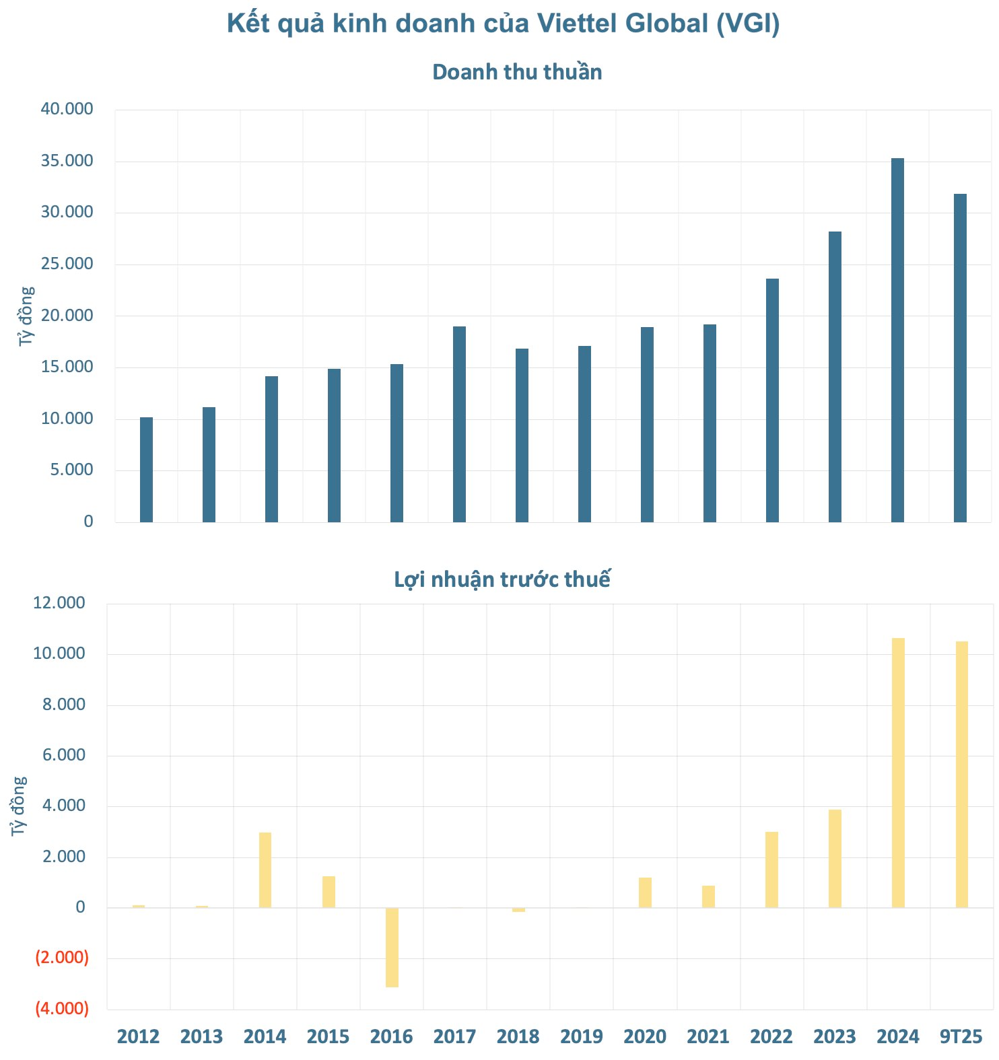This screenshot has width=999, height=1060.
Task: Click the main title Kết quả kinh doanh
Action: (x=503, y=24)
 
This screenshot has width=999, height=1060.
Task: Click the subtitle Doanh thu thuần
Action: (x=517, y=72)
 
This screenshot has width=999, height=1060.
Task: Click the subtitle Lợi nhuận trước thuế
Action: (x=502, y=579)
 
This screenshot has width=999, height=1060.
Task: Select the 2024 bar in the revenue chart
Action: (x=897, y=340)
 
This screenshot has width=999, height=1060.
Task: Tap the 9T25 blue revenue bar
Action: (x=960, y=357)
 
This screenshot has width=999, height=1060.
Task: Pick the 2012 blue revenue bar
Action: (x=146, y=469)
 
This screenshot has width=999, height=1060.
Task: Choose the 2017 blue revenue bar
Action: (x=459, y=424)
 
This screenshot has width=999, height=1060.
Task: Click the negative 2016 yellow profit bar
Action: (x=392, y=947)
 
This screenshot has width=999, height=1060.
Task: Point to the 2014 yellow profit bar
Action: (x=265, y=870)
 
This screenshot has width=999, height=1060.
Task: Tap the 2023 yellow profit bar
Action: (x=835, y=858)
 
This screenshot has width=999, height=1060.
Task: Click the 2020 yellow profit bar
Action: (x=645, y=892)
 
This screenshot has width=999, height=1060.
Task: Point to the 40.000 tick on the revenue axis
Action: (x=67, y=109)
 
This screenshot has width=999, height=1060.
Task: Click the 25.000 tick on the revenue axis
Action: (x=67, y=264)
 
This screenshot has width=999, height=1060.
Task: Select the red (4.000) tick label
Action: (x=62, y=1008)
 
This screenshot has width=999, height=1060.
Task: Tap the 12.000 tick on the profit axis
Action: (x=59, y=603)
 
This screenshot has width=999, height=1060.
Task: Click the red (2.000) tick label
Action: (x=62, y=957)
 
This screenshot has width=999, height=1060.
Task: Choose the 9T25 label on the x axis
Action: (x=961, y=1036)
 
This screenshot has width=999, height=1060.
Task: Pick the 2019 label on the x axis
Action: (x=582, y=1036)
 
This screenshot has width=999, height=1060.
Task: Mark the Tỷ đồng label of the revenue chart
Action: (x=26, y=316)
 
